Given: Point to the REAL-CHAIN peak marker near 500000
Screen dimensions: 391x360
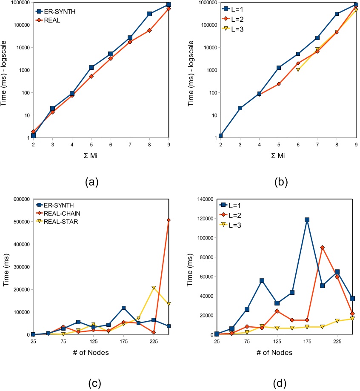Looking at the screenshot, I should [169, 220].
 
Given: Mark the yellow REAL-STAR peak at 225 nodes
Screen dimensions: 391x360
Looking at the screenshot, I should [153, 288].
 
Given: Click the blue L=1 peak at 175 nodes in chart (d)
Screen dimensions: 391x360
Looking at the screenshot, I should [307, 220].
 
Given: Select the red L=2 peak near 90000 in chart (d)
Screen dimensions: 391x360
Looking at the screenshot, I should [322, 247].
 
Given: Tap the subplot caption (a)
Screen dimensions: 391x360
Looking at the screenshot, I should [92, 183].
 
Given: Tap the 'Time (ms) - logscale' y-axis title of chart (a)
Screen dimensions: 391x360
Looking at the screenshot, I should [6, 70].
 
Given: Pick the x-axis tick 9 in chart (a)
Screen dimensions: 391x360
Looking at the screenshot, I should [169, 145].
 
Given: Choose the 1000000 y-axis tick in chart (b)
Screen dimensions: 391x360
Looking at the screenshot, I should [201, 3].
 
